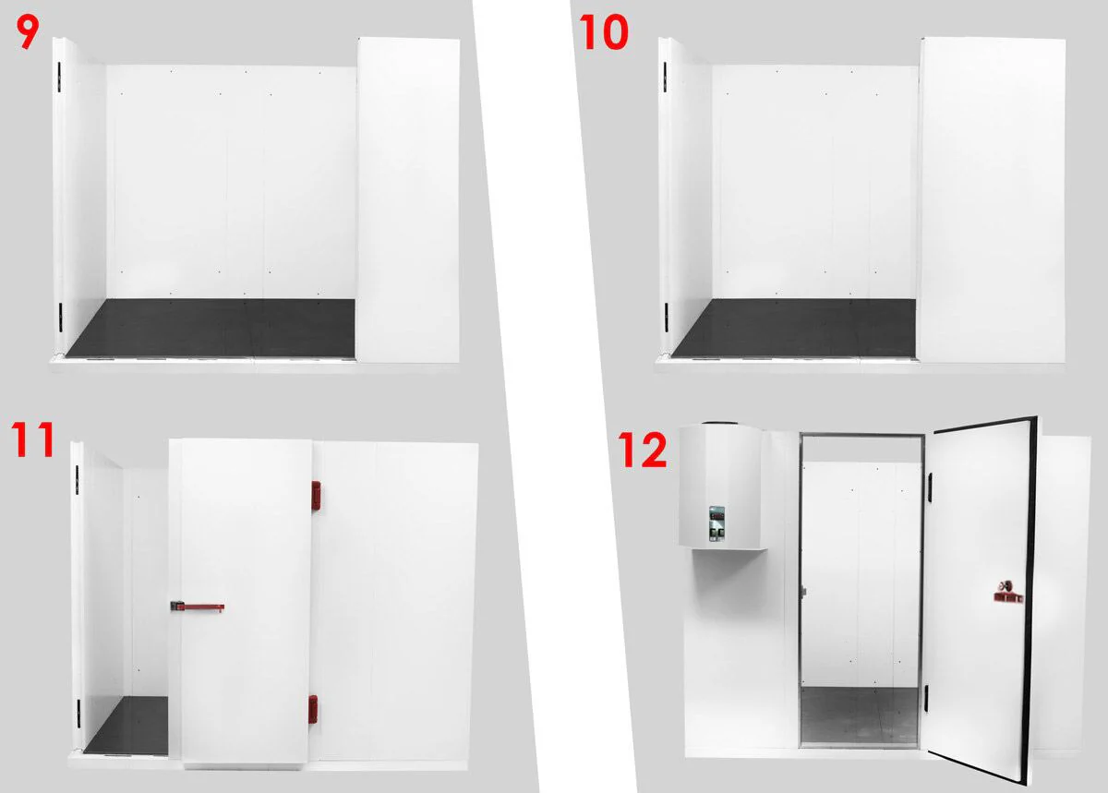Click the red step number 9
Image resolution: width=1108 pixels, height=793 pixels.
27,32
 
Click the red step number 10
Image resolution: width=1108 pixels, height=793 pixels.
604,31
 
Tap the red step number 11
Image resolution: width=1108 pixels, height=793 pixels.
32,439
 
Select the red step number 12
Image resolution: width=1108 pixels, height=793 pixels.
642,450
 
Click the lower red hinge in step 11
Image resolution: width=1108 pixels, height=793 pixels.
313,709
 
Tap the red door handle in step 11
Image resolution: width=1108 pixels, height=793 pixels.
198,607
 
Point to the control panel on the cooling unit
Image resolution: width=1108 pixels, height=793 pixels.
717,523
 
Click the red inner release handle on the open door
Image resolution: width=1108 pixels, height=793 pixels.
1008,593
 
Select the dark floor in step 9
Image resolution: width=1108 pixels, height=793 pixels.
211,328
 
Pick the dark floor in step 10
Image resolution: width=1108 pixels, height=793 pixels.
793,328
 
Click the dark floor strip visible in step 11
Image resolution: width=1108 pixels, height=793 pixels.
126,726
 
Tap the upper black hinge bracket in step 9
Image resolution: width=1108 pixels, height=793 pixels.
59,77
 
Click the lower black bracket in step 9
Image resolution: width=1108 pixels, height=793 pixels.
61,318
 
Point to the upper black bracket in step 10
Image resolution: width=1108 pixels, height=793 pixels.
665,77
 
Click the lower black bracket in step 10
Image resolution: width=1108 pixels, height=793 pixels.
667,318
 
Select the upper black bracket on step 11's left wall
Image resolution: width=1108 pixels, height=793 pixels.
78,479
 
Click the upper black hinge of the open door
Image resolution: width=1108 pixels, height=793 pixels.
932,488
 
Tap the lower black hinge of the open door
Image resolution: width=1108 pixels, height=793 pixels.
927,699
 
